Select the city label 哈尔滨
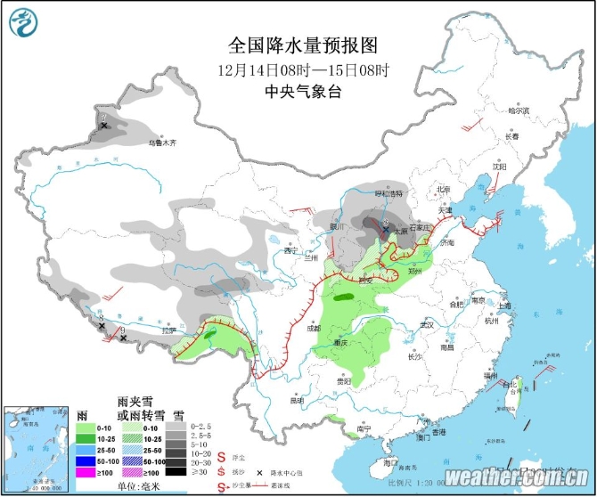coord(518,111)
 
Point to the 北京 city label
coord(444,189)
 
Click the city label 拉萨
coord(169,330)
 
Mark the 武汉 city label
coord(426,324)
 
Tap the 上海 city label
coord(504,306)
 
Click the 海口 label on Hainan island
coord(389,462)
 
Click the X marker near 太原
coord(385,230)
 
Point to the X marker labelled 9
coord(122,338)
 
